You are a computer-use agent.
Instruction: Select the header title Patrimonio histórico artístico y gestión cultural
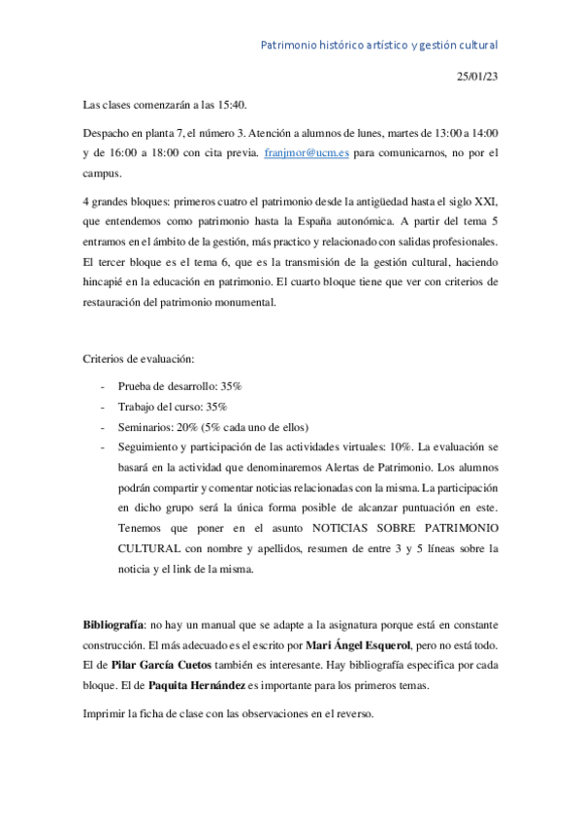point(380,45)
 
